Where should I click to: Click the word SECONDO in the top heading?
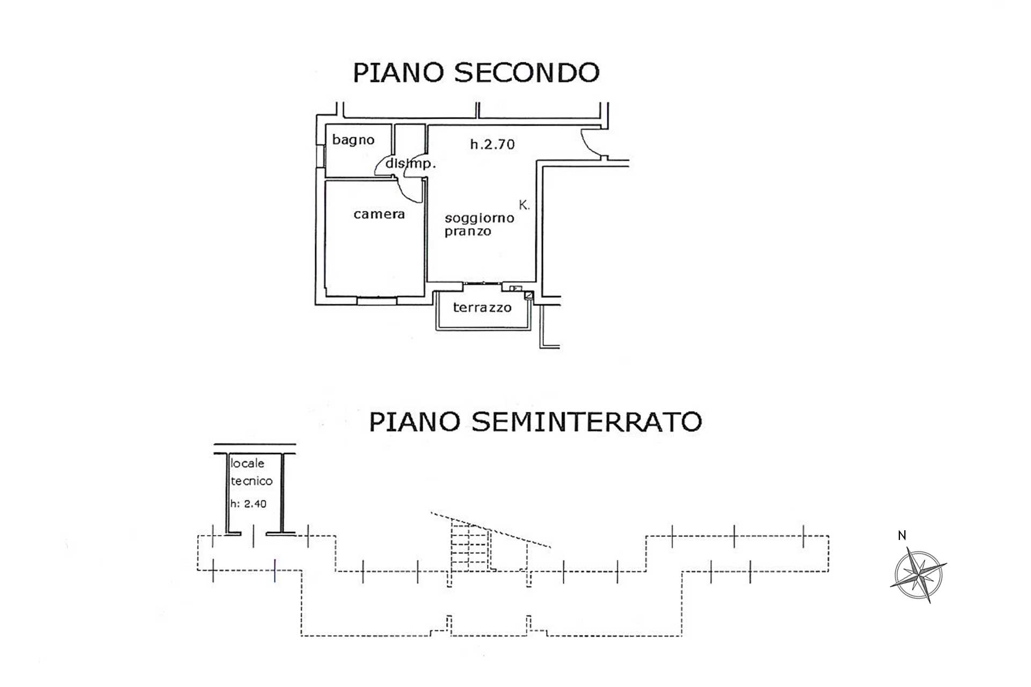527,73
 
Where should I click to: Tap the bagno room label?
353,141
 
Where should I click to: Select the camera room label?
379,214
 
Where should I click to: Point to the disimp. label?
410,164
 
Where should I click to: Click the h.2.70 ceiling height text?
492,144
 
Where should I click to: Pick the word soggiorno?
480,218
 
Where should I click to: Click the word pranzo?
468,232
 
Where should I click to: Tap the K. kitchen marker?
524,205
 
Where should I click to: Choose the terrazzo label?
482,308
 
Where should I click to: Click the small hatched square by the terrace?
529,295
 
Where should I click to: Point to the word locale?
248,463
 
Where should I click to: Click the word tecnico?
252,481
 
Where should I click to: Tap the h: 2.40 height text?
249,503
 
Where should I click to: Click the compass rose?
919,575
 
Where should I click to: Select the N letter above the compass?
902,535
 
